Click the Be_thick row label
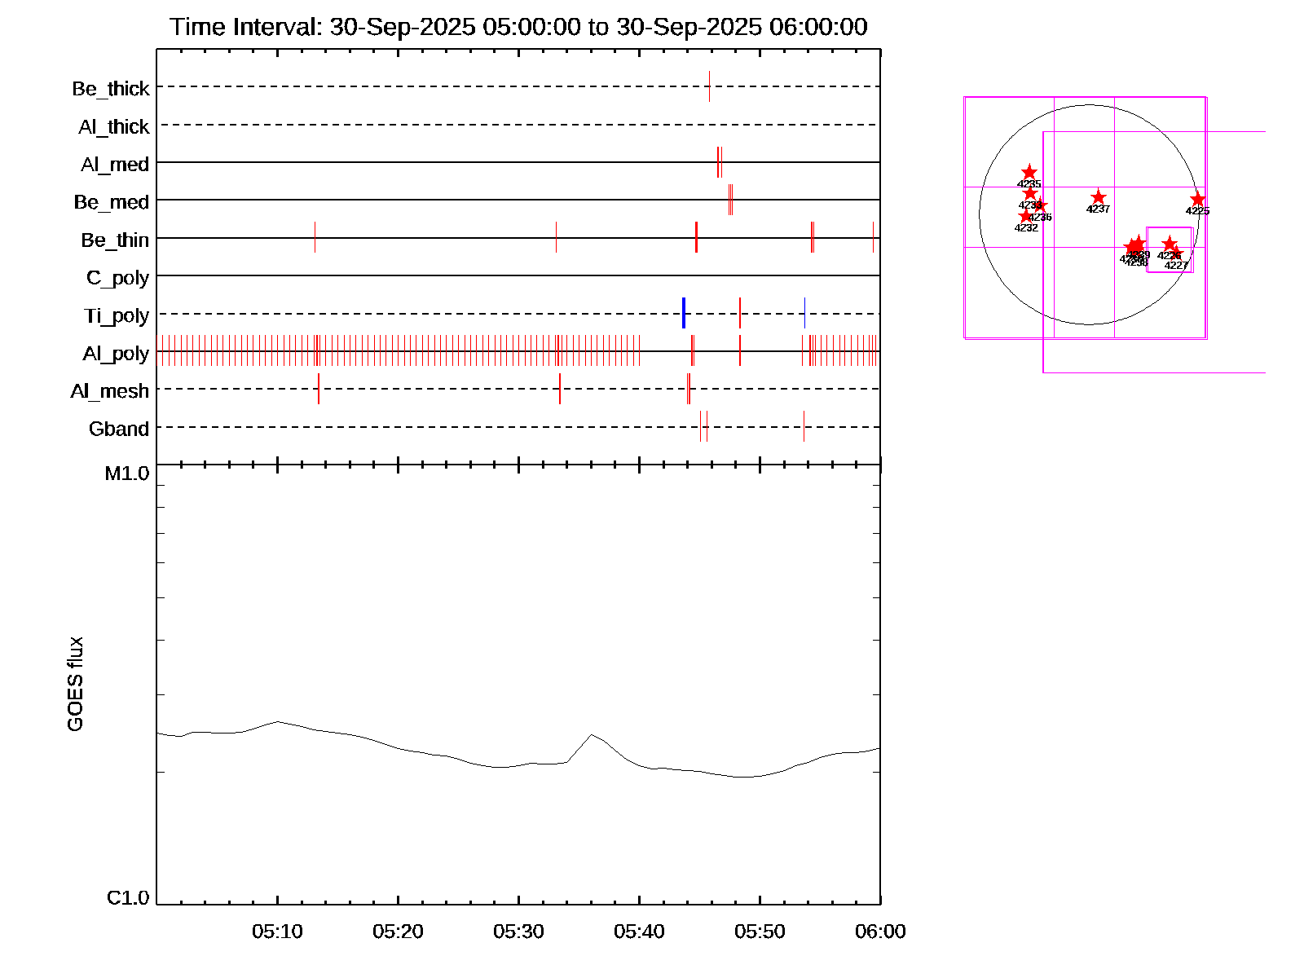(111, 89)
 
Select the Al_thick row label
(113, 127)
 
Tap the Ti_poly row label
(117, 316)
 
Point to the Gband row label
(119, 430)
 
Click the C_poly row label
(117, 279)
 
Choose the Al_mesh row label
(110, 392)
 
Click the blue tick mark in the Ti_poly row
(684, 313)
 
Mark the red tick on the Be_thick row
(709, 86)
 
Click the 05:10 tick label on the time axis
(277, 932)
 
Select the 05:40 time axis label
(639, 932)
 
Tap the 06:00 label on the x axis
(880, 932)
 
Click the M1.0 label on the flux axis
(127, 474)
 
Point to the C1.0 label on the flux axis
(128, 898)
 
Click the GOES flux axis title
(76, 684)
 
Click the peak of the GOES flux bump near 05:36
(592, 734)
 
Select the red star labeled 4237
(1098, 197)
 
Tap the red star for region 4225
(1197, 200)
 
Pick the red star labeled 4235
(1029, 172)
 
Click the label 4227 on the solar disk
(1176, 266)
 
